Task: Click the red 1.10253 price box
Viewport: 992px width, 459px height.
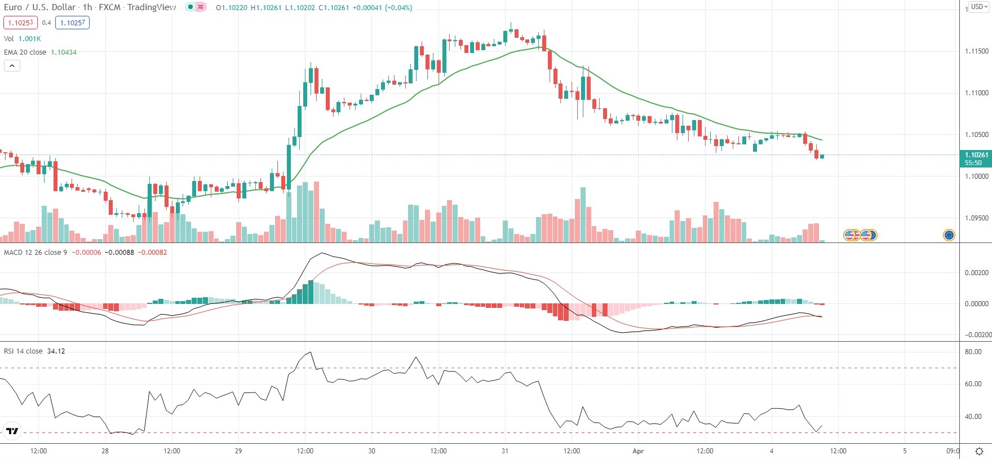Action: point(20,23)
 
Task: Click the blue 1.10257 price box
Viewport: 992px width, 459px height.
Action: point(72,23)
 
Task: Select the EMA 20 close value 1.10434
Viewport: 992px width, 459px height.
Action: point(64,52)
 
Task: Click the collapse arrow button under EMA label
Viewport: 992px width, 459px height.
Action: point(12,66)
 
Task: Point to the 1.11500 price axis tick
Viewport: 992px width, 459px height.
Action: point(977,51)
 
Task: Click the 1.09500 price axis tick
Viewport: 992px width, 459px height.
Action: point(977,218)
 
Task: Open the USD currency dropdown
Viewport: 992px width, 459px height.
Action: point(979,7)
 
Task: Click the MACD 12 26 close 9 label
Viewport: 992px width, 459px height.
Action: point(36,253)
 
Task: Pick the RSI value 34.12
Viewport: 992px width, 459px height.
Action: point(56,351)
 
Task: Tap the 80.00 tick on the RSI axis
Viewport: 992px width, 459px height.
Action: point(973,352)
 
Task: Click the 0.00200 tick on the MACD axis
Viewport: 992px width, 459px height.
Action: point(977,273)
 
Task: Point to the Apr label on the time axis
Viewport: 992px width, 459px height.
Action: point(638,451)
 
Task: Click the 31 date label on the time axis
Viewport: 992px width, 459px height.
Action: point(505,451)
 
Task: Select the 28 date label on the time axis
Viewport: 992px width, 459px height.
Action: point(105,451)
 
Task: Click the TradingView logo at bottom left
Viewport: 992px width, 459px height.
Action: point(12,431)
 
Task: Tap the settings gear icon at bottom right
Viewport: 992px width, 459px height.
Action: point(980,451)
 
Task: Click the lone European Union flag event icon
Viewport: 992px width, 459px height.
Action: point(949,235)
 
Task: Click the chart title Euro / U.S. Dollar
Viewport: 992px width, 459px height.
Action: point(39,7)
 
